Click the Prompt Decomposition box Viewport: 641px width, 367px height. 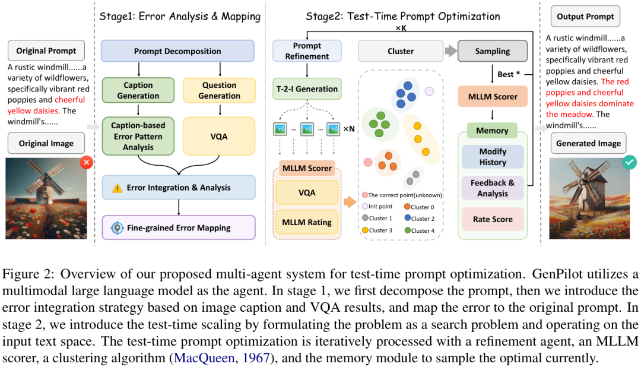click(177, 51)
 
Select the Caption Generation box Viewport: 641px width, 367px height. click(138, 90)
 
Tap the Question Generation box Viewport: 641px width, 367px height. click(219, 90)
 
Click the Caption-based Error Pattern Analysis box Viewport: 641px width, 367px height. click(138, 136)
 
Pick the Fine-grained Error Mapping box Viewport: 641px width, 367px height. click(178, 227)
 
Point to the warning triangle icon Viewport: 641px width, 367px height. click(118, 188)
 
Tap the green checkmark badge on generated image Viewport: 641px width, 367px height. click(630, 161)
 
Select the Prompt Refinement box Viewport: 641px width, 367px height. click(307, 51)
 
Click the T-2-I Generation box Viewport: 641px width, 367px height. click(307, 89)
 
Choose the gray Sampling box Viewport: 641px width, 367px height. click(493, 51)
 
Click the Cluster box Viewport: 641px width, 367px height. click(401, 51)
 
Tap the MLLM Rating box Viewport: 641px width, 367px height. click(307, 222)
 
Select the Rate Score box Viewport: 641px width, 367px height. click(493, 219)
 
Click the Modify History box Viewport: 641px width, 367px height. click(493, 157)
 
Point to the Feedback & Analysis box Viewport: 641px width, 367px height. click(493, 188)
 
